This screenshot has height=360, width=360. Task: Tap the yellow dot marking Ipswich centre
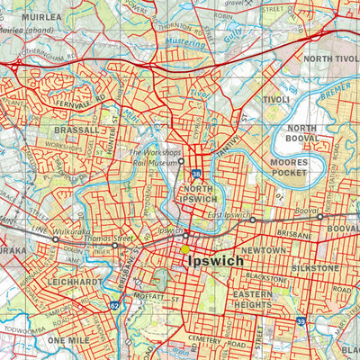pyautogui.click(x=186, y=249)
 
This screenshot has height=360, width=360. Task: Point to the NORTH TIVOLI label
pyautogui.click(x=329, y=58)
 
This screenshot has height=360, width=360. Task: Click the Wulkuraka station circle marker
pyautogui.click(x=56, y=240)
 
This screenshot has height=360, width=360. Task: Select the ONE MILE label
pyautogui.click(x=69, y=341)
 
